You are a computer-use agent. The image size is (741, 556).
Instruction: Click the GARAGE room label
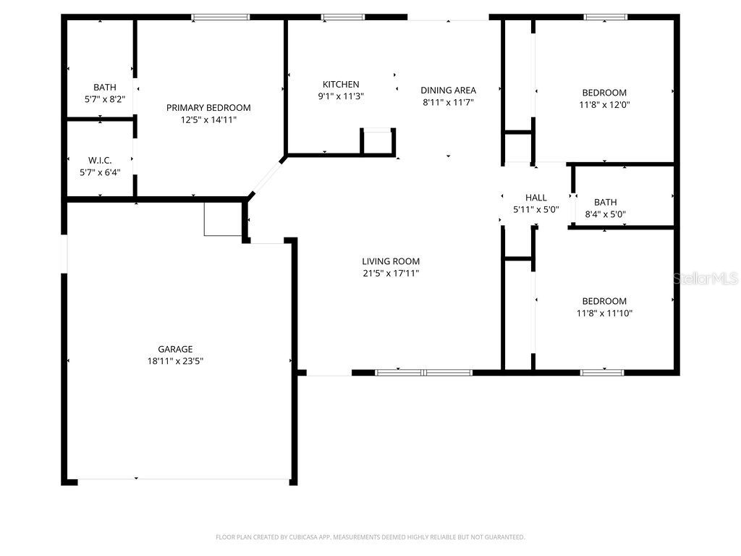(175, 349)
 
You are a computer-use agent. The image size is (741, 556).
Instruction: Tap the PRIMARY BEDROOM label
(208, 108)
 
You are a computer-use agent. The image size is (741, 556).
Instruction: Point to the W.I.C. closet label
(100, 160)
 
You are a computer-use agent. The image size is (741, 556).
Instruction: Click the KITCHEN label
(341, 85)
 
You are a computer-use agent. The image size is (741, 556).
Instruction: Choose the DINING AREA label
(448, 90)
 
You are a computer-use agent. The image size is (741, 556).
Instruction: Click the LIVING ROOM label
(391, 261)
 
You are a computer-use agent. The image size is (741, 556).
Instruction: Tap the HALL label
(536, 198)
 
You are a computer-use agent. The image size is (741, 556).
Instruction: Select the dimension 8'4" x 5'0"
(605, 214)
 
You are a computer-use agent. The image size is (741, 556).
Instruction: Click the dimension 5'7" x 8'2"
(105, 99)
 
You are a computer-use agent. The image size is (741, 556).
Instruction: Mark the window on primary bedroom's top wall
(220, 17)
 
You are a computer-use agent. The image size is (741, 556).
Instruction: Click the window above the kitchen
(343, 17)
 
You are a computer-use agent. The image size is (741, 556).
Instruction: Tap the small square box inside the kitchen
(378, 141)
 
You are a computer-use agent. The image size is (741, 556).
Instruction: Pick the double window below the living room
(423, 373)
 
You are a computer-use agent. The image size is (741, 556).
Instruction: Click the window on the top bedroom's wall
(605, 17)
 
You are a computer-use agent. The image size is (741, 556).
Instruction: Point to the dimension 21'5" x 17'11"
(391, 274)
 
